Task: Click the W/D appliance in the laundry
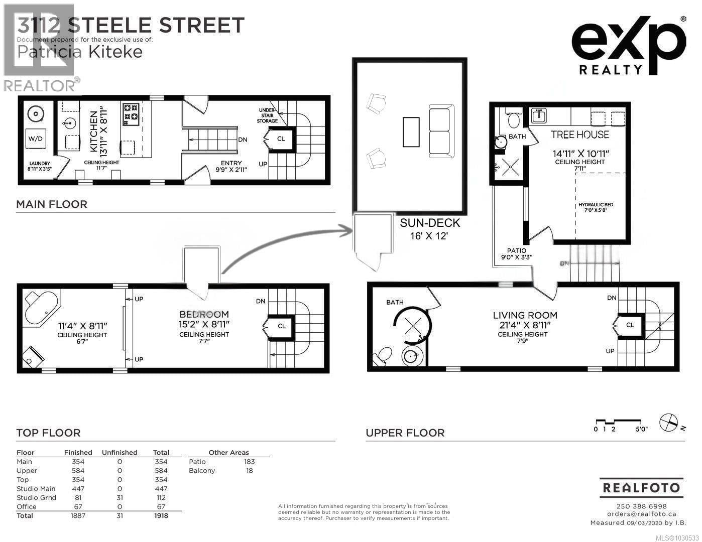point(35,139)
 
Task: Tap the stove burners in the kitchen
point(131,112)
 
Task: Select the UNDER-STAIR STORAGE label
point(267,115)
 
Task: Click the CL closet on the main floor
point(281,139)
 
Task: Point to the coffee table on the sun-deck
point(411,131)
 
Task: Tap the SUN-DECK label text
point(430,223)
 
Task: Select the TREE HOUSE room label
point(579,134)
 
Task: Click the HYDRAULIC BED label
point(596,205)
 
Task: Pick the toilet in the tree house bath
point(513,119)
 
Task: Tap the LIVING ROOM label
point(525,315)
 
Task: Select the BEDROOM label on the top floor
point(204,315)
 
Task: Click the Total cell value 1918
point(161,515)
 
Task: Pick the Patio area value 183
point(249,462)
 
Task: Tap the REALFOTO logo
point(641,487)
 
